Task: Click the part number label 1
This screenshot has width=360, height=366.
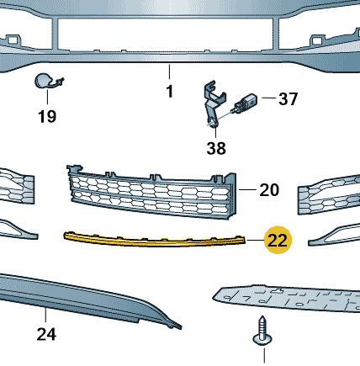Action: (x=169, y=92)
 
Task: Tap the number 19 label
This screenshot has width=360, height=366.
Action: (x=47, y=116)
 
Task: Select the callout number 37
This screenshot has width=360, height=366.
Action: (x=289, y=99)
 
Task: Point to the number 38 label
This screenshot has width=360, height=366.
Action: (x=216, y=148)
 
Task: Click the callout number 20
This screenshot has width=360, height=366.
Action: (x=269, y=190)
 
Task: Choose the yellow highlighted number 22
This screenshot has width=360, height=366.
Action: (x=278, y=240)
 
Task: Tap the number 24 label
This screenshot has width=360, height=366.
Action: (x=46, y=334)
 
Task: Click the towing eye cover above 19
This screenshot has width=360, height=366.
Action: (x=46, y=81)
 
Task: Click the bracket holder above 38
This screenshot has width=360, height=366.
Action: (x=213, y=103)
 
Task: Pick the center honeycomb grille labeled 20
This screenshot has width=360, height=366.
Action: (x=153, y=192)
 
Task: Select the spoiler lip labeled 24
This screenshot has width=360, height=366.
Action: (x=84, y=297)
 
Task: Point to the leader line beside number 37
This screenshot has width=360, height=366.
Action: (x=269, y=98)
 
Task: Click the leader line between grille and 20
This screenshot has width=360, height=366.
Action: (x=247, y=189)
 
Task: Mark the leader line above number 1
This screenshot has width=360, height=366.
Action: (x=169, y=72)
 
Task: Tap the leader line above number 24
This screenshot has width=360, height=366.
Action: (x=45, y=315)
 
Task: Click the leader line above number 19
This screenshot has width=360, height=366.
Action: (x=47, y=96)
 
